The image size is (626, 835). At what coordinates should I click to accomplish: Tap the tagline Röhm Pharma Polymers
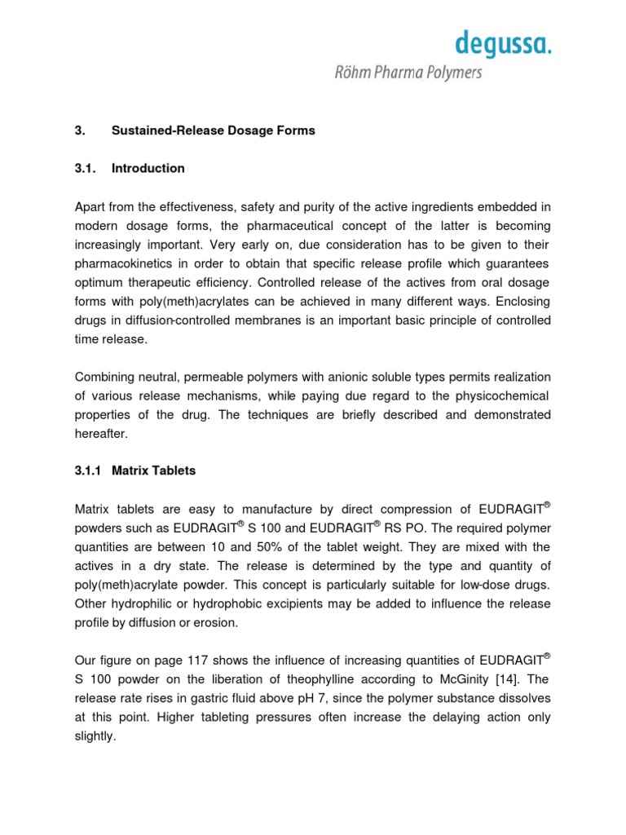[408, 73]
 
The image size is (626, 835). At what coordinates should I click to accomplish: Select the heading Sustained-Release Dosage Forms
[213, 130]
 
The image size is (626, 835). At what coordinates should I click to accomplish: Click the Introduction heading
[148, 168]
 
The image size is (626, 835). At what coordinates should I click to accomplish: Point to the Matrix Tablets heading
[153, 471]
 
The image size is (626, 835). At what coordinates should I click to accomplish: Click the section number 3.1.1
[90, 471]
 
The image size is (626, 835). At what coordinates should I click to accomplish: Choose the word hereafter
[102, 433]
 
